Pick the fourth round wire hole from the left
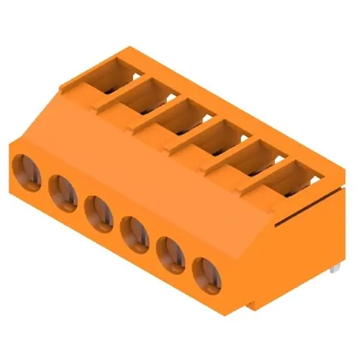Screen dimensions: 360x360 (134, 233)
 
